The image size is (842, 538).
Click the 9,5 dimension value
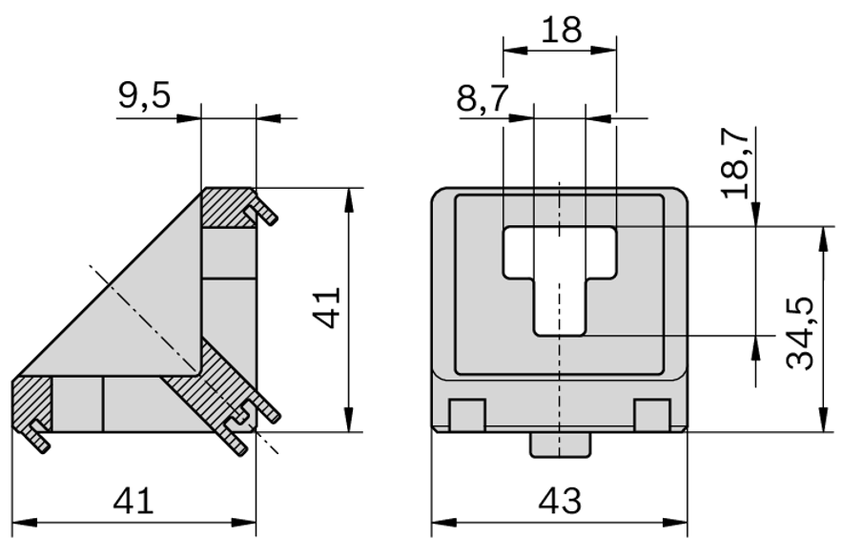tap(145, 95)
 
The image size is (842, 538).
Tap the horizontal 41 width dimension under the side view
tap(133, 500)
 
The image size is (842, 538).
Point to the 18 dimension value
tap(560, 30)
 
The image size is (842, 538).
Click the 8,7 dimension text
tap(483, 98)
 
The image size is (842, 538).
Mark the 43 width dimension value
tap(560, 500)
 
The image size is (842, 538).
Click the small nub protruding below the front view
tap(560, 444)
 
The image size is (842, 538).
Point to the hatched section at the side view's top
tap(227, 205)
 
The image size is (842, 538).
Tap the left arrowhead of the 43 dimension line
tap(442, 523)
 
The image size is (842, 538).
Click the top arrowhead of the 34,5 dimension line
tap(821, 235)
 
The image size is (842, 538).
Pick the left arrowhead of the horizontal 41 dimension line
tap(21, 523)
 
